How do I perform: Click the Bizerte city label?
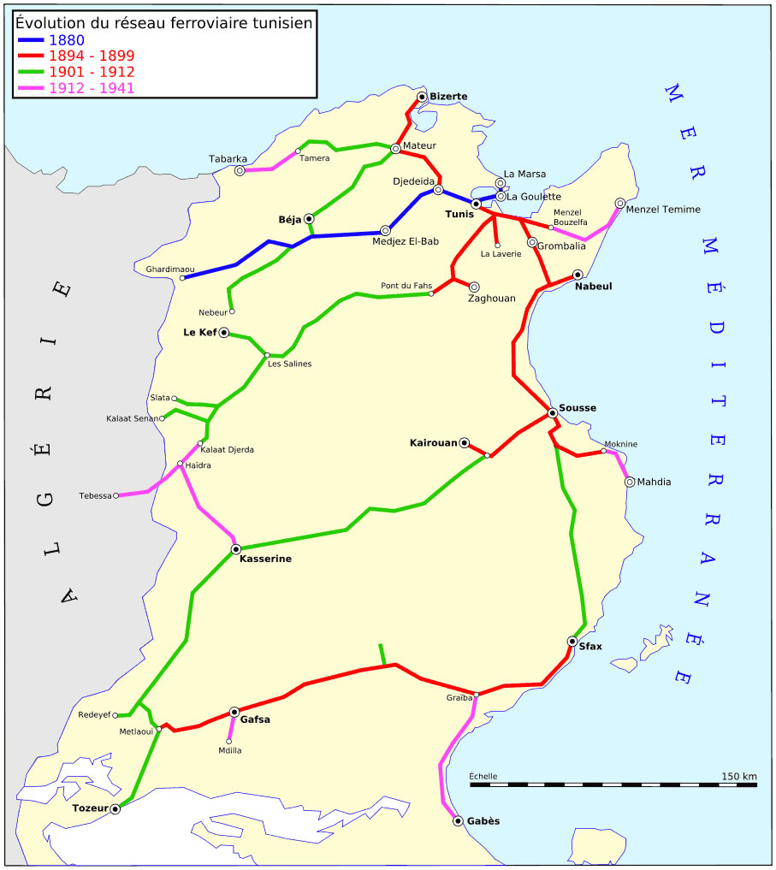point(448,97)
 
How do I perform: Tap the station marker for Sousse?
point(553,413)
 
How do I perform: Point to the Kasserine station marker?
point(235,548)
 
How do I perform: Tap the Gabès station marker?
point(458,821)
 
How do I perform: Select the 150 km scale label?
point(738,777)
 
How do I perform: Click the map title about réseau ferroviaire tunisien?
point(164,22)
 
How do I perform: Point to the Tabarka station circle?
point(240,170)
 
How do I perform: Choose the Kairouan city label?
point(433,443)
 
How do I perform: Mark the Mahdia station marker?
point(630,482)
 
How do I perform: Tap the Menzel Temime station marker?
point(620,204)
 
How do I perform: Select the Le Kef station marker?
point(224,333)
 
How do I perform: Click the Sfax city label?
point(590,647)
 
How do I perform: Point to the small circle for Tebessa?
point(116,495)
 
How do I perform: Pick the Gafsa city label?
point(255,719)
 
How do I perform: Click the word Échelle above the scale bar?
point(483,777)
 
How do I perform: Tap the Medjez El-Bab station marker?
point(385,230)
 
